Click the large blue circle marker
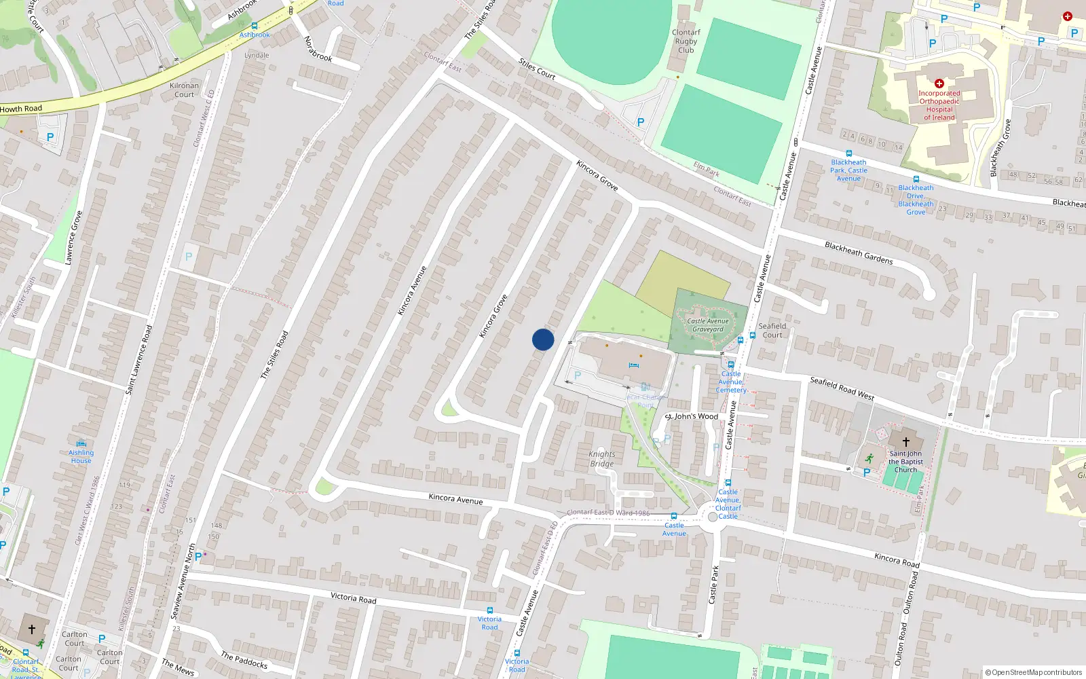[543, 339]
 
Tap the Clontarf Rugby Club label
[686, 41]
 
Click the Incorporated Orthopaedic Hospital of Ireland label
[939, 105]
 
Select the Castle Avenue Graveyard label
[708, 325]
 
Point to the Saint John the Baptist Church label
[905, 462]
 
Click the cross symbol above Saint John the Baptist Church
[905, 442]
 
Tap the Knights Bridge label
[602, 459]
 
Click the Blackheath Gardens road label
[859, 253]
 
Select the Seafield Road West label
[842, 388]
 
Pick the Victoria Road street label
[353, 598]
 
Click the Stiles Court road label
[537, 69]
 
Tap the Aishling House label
[81, 456]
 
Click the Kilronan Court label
[184, 90]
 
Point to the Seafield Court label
[772, 330]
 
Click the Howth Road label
[21, 109]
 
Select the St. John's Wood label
[692, 416]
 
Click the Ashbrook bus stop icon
[255, 26]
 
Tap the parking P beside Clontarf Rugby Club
[640, 122]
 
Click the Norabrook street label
[318, 49]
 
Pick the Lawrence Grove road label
[73, 238]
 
